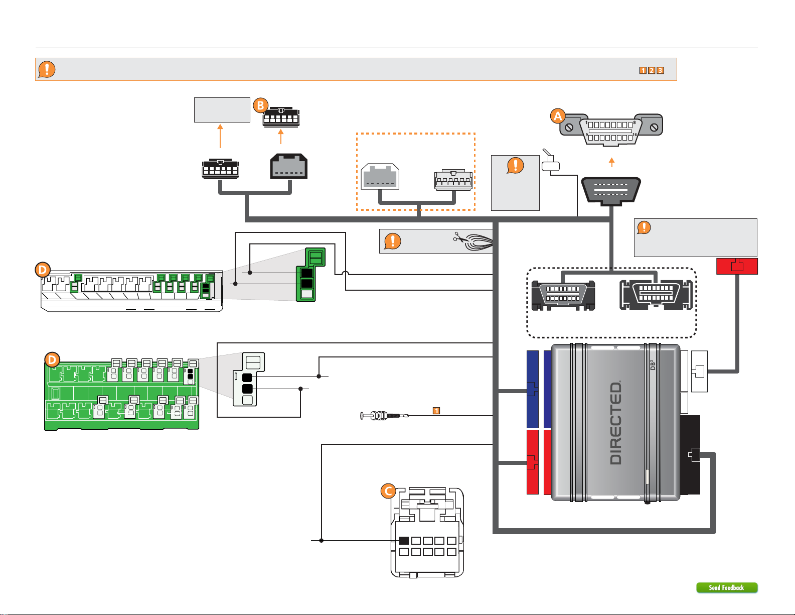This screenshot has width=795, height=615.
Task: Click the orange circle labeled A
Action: pyautogui.click(x=558, y=116)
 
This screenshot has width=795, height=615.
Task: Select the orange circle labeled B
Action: pyautogui.click(x=260, y=105)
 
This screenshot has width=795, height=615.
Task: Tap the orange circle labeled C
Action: pyautogui.click(x=388, y=491)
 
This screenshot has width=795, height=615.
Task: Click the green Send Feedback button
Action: pyautogui.click(x=727, y=587)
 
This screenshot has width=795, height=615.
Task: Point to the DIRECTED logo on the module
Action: pyautogui.click(x=616, y=423)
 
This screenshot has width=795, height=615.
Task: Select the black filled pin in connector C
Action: pyautogui.click(x=404, y=540)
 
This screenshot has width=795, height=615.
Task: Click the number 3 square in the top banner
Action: pyautogui.click(x=661, y=70)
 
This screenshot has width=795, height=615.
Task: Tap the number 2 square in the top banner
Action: pyautogui.click(x=652, y=70)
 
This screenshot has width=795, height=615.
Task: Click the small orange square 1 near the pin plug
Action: pyautogui.click(x=436, y=411)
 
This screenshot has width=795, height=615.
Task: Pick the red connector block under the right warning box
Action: pyautogui.click(x=737, y=266)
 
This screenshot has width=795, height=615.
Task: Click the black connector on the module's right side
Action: pyautogui.click(x=690, y=455)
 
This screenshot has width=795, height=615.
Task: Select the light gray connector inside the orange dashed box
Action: pyautogui.click(x=380, y=176)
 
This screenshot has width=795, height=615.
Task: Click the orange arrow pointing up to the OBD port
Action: pyautogui.click(x=612, y=162)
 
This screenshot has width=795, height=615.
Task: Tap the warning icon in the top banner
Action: pyautogui.click(x=47, y=69)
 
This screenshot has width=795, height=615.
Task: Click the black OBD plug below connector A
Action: pyautogui.click(x=611, y=190)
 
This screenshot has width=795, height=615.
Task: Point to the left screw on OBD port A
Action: pyautogui.click(x=569, y=128)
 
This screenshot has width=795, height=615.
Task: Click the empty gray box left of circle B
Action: pyautogui.click(x=222, y=110)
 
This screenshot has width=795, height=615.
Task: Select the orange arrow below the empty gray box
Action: pyautogui.click(x=220, y=136)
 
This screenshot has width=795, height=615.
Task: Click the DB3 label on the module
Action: pyautogui.click(x=653, y=364)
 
